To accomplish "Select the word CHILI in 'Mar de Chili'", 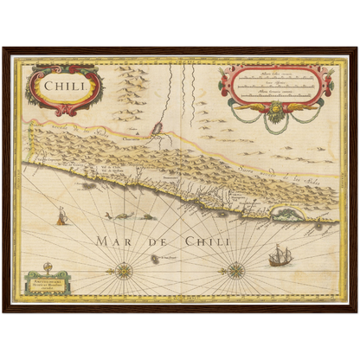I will pos(208,241).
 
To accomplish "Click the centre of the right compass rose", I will pos(235,270).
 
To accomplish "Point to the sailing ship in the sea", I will pos(279,256).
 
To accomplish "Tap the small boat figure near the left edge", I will pos(61,216).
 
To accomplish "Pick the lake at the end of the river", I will pos(158,131).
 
